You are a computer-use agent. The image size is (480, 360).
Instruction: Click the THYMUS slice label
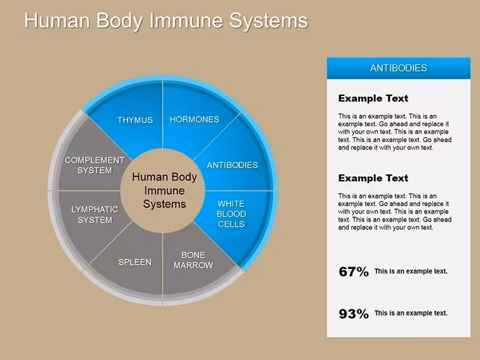click(135, 120)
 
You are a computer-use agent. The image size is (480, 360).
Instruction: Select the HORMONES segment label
click(195, 119)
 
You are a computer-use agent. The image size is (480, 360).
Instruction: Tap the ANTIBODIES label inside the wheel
click(232, 165)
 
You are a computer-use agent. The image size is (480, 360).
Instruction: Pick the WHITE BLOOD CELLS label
click(231, 214)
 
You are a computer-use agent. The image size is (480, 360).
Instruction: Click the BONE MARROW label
click(193, 260)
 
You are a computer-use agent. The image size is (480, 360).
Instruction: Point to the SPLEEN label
click(135, 262)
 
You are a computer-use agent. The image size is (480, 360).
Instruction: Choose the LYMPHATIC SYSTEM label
click(95, 215)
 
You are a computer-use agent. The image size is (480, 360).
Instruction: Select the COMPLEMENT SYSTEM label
click(95, 165)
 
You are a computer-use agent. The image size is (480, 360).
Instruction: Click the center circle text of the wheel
click(164, 190)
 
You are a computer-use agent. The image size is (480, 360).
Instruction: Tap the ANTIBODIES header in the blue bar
click(399, 68)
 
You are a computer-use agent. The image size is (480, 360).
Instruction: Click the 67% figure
click(354, 272)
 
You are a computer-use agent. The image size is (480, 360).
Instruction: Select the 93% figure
click(354, 314)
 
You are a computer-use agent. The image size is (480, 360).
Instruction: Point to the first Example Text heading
click(373, 99)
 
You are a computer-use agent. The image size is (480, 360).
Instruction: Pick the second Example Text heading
click(373, 178)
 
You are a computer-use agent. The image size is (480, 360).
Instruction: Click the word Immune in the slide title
click(186, 21)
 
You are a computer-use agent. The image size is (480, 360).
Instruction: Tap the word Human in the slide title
click(57, 21)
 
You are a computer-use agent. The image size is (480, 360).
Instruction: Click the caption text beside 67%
click(411, 271)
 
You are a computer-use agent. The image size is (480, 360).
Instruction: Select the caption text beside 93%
click(411, 313)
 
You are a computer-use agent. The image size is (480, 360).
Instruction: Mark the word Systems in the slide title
click(269, 21)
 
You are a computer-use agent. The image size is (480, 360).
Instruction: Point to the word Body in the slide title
click(120, 21)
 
